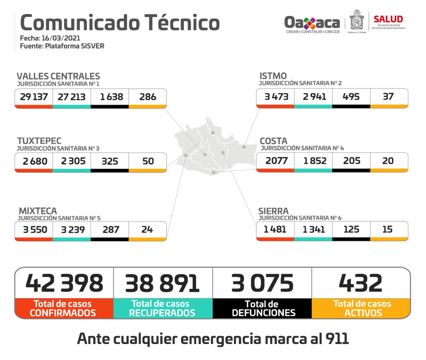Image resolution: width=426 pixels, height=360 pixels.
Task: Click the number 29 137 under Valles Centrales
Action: click(x=34, y=97)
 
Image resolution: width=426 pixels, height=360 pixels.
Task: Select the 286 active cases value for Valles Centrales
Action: click(x=148, y=97)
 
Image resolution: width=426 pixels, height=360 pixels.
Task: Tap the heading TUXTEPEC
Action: click(x=39, y=141)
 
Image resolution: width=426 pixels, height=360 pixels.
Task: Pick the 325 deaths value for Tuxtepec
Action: click(x=110, y=161)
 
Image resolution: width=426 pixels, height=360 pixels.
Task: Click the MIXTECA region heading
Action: click(x=38, y=211)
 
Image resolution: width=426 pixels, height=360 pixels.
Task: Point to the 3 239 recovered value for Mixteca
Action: click(x=73, y=230)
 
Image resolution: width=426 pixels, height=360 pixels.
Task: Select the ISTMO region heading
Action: click(x=273, y=76)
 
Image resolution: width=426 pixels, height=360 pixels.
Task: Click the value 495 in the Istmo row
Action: click(x=351, y=96)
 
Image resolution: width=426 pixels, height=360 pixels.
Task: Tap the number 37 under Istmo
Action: click(x=388, y=96)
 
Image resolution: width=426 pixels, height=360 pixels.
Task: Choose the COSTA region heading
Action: click(x=274, y=141)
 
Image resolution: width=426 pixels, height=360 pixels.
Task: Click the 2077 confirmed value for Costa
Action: click(x=277, y=161)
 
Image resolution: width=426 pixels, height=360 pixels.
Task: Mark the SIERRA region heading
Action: click(x=274, y=211)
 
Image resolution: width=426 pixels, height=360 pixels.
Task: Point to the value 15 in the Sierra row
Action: click(x=387, y=229)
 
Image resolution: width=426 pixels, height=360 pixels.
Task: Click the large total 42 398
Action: click(x=65, y=283)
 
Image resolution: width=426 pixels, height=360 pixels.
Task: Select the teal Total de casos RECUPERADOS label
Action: click(x=162, y=308)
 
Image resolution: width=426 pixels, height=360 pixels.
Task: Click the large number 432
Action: click(x=361, y=283)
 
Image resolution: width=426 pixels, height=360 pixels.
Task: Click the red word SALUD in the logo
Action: click(x=388, y=19)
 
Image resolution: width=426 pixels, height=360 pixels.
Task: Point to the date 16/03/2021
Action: click(x=61, y=38)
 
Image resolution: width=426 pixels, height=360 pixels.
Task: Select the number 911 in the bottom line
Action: click(x=337, y=339)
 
